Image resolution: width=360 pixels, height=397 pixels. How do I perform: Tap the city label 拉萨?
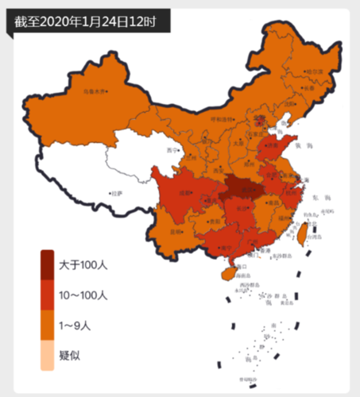coord(117,192)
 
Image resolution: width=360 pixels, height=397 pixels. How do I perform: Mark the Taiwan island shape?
coord(302,230)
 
